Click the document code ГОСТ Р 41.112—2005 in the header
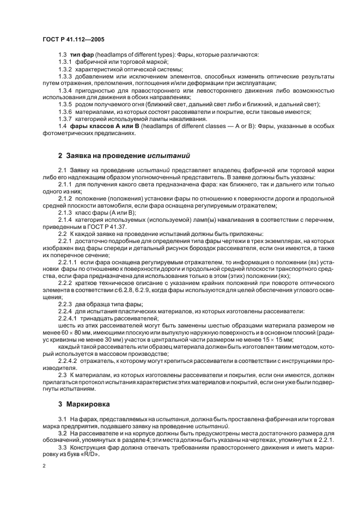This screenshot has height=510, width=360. coord(74,40)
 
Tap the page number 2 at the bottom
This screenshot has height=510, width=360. coord(44,466)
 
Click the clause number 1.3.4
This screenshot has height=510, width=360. coord(66,90)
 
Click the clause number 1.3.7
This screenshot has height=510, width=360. coord(66,119)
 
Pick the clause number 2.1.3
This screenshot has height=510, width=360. coord(66,212)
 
